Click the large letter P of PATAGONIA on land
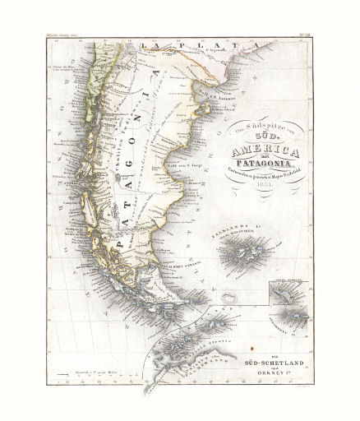coord(121,243)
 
